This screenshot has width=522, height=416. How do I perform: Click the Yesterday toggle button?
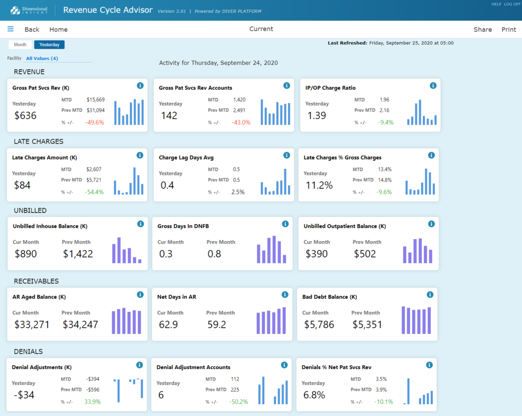tap(49, 45)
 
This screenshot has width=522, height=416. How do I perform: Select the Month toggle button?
tap(20, 45)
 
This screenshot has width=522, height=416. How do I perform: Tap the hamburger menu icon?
tap(11, 29)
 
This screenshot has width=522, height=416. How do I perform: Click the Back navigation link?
tap(32, 30)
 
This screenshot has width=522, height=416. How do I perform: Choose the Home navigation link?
tap(59, 30)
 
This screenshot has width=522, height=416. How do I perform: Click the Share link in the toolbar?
tap(483, 30)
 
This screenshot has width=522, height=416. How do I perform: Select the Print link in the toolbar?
tap(509, 30)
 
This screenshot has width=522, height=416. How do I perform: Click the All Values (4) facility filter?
tap(42, 59)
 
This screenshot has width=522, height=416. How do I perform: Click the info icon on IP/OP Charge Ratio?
tap(433, 86)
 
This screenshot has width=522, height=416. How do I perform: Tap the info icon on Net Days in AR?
tap(285, 295)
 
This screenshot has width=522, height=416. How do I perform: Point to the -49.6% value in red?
tap(95, 122)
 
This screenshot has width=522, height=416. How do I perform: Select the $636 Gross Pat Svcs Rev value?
tap(26, 115)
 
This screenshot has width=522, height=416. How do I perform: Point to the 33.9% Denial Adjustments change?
tap(92, 402)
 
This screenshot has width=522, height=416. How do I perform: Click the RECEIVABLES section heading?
tap(36, 281)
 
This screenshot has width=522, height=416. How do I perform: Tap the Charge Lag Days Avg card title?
tap(186, 157)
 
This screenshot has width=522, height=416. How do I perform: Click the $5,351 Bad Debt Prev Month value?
tap(366, 324)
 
